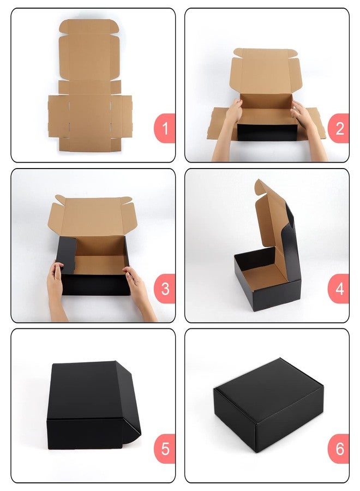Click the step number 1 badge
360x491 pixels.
pos(165,128)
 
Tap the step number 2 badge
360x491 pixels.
pos(339,128)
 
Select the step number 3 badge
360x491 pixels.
pos(165,289)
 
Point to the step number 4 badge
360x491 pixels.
pos(339,289)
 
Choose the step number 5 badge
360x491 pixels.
pos(165,449)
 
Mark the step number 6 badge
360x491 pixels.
pos(339,449)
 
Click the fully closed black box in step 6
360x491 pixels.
pos(268,405)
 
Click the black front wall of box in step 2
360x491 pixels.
pos(267,133)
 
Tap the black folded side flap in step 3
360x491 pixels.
pos(67,254)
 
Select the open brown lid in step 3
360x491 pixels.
pos(93,216)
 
